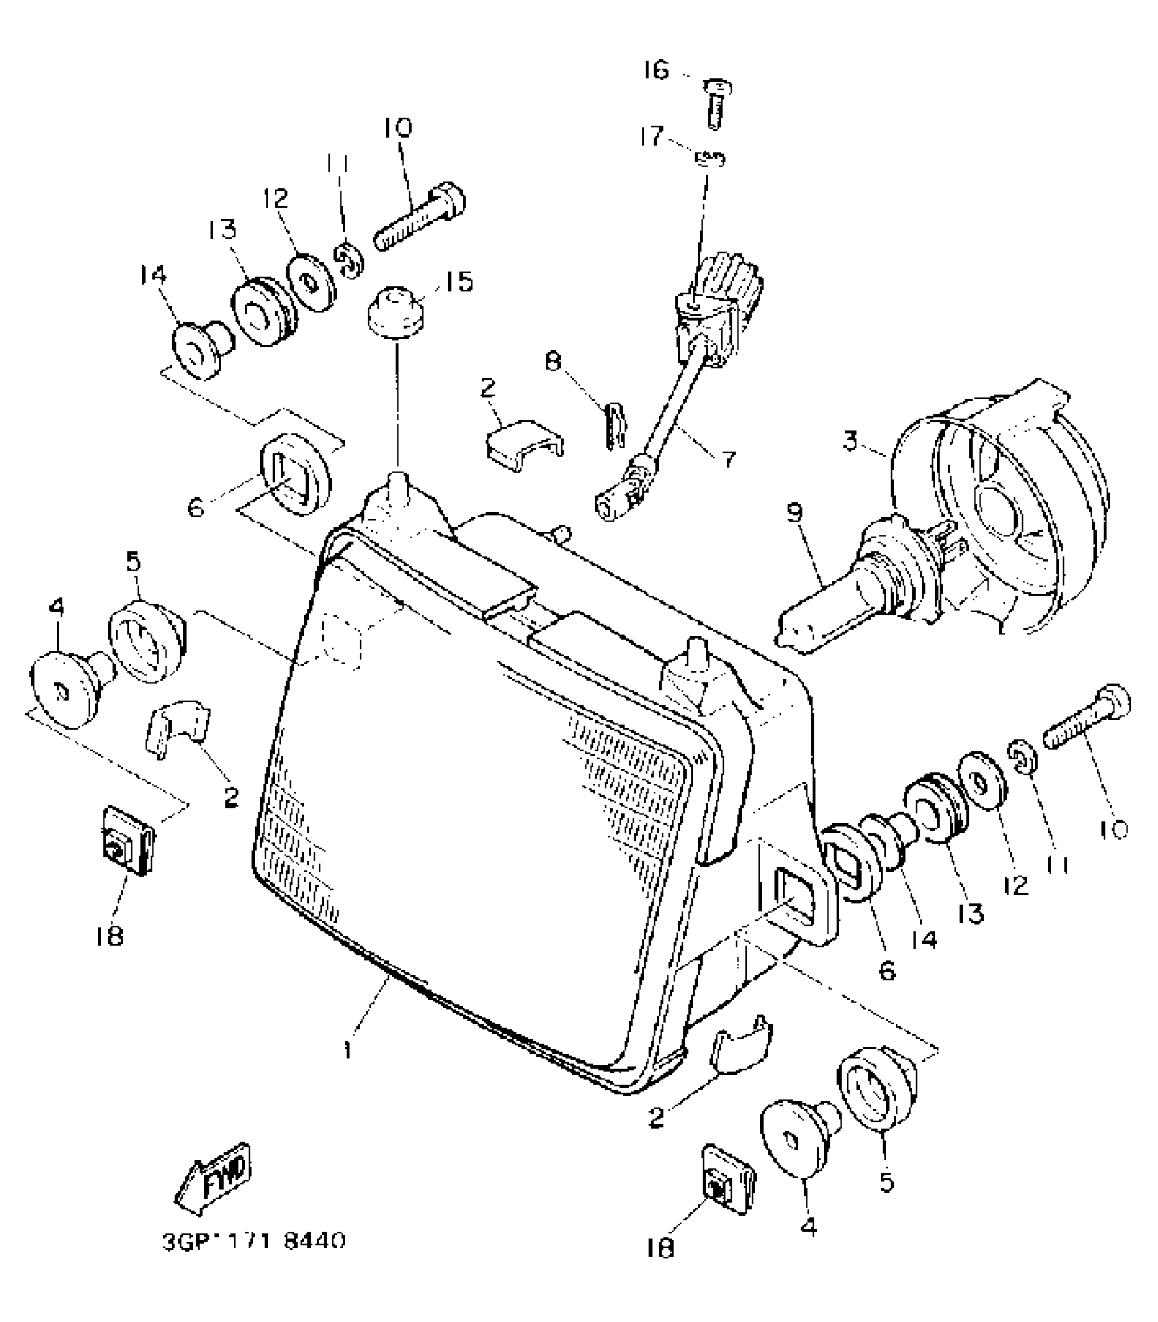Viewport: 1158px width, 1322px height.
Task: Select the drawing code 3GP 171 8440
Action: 253,1241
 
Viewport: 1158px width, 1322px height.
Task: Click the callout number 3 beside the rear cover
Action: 849,441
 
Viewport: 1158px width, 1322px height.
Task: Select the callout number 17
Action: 652,137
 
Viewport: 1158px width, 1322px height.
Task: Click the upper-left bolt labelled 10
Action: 420,218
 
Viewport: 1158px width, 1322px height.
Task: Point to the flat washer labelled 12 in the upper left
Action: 311,282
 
